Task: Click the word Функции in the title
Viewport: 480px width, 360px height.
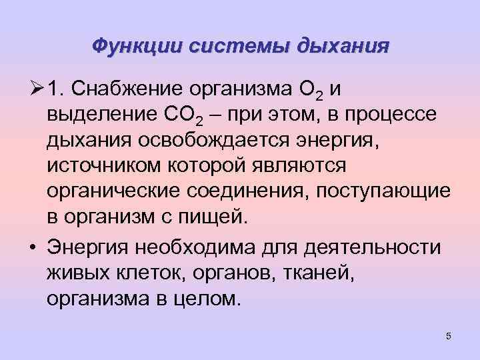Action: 137,46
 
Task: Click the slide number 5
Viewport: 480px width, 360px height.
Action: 449,336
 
